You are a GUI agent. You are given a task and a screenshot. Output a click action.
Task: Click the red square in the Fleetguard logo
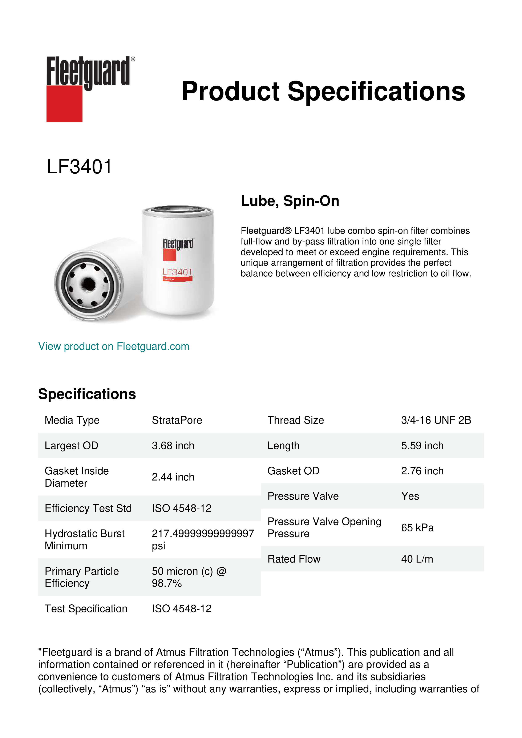point(64,104)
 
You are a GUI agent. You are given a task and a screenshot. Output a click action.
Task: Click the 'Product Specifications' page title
point(323,91)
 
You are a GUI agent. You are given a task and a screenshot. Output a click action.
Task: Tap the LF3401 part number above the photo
point(79,167)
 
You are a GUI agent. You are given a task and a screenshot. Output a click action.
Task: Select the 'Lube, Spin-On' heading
point(290,201)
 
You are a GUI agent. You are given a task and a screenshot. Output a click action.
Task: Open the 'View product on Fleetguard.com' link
point(113,346)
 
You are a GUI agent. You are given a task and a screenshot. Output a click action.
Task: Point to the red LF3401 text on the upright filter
point(177,272)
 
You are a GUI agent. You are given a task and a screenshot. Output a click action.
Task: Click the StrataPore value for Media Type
point(177,420)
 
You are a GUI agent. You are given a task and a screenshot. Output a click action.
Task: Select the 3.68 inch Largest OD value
point(173,446)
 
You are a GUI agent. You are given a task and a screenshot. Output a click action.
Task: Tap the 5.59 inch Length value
point(422,446)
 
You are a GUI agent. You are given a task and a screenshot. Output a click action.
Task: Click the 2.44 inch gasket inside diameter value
point(173,477)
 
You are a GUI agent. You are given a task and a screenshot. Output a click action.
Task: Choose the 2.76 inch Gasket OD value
point(422,471)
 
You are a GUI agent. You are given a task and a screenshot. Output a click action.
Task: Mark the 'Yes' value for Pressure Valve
point(410,496)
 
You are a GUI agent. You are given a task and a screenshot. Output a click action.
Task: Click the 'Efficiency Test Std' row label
point(88,508)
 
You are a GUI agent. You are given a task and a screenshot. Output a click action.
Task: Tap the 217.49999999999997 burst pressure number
point(203,534)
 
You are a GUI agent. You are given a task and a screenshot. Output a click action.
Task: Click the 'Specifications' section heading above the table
point(87,394)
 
